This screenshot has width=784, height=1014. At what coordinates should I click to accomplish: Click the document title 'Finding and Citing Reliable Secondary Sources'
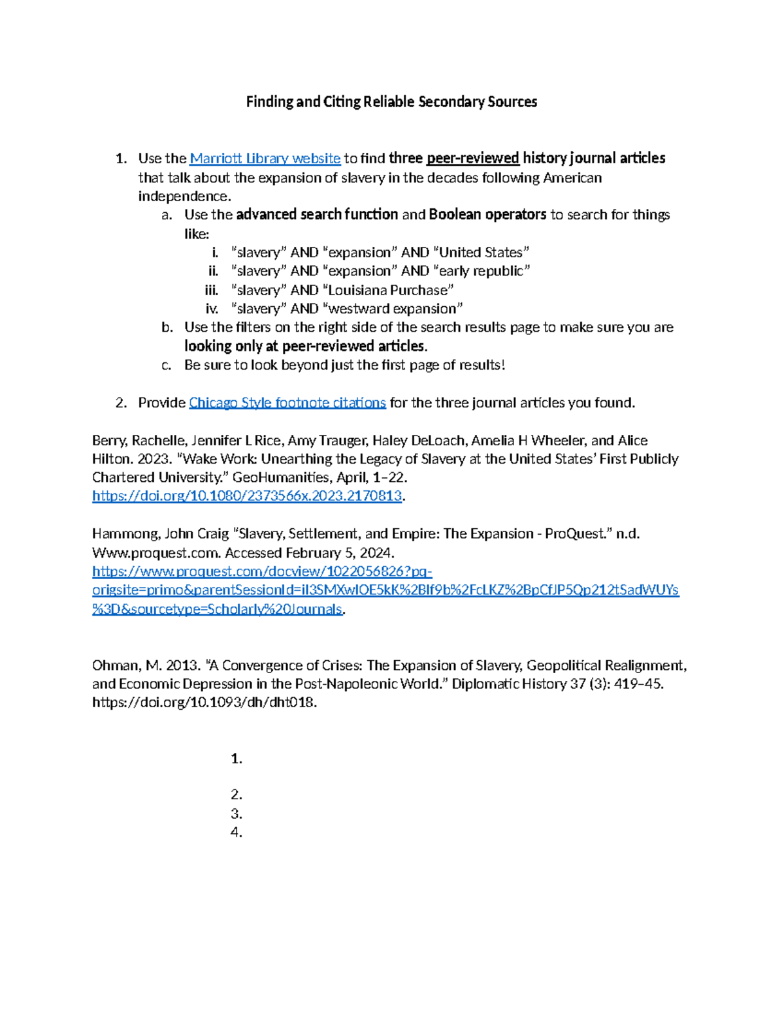coord(391,102)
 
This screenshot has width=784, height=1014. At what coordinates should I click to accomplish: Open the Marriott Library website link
coord(265,159)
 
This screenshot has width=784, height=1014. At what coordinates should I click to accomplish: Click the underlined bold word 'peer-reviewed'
coord(472,159)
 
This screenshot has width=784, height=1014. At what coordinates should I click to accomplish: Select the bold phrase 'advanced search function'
coord(317,215)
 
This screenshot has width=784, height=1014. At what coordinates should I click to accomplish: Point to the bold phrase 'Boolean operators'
coord(487,215)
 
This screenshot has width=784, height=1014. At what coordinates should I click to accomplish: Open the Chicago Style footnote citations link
coord(287,403)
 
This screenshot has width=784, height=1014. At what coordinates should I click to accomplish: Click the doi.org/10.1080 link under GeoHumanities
coord(247,496)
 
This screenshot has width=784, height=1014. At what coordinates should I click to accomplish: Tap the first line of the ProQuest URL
coord(262,572)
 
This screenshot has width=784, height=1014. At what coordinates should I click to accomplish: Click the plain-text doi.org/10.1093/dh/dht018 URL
coord(204,703)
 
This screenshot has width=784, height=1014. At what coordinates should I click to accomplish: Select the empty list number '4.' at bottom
coord(237,832)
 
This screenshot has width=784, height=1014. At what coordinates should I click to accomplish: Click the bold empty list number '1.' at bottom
coord(237,759)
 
